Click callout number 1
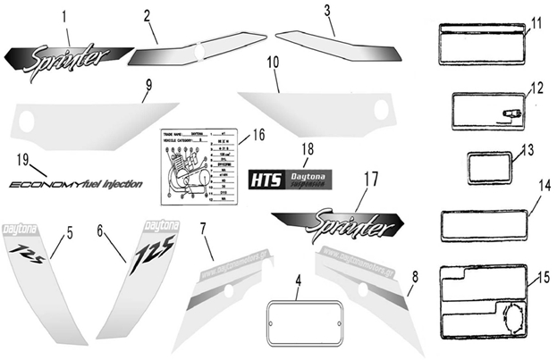pos(64,16)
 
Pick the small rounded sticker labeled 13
pos(489,167)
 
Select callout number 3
pos(328,12)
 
